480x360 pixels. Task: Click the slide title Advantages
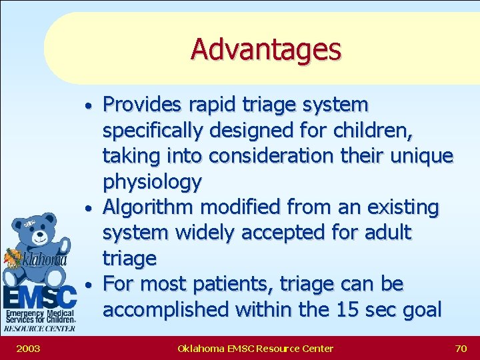[265, 49]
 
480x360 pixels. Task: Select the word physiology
[152, 182]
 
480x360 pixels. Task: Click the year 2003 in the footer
[28, 348]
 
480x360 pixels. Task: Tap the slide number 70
[460, 348]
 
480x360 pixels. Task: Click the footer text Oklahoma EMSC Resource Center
[255, 348]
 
